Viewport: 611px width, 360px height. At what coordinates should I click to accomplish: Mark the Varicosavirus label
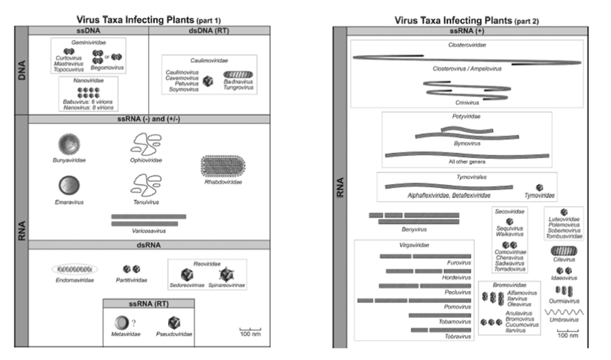148,230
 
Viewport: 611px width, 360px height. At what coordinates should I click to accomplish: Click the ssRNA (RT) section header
148,304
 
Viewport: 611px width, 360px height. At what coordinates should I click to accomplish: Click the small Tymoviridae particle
540,187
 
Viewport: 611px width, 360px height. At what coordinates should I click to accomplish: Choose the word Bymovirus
465,144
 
